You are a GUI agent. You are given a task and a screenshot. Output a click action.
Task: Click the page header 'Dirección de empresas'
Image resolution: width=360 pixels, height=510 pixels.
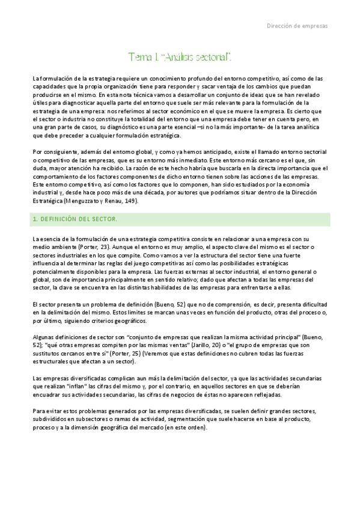tap(297, 26)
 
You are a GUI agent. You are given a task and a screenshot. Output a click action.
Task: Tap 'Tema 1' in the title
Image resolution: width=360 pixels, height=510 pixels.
tap(142, 57)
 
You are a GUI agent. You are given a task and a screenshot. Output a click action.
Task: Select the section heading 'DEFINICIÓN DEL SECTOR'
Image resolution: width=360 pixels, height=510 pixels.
tap(78, 220)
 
